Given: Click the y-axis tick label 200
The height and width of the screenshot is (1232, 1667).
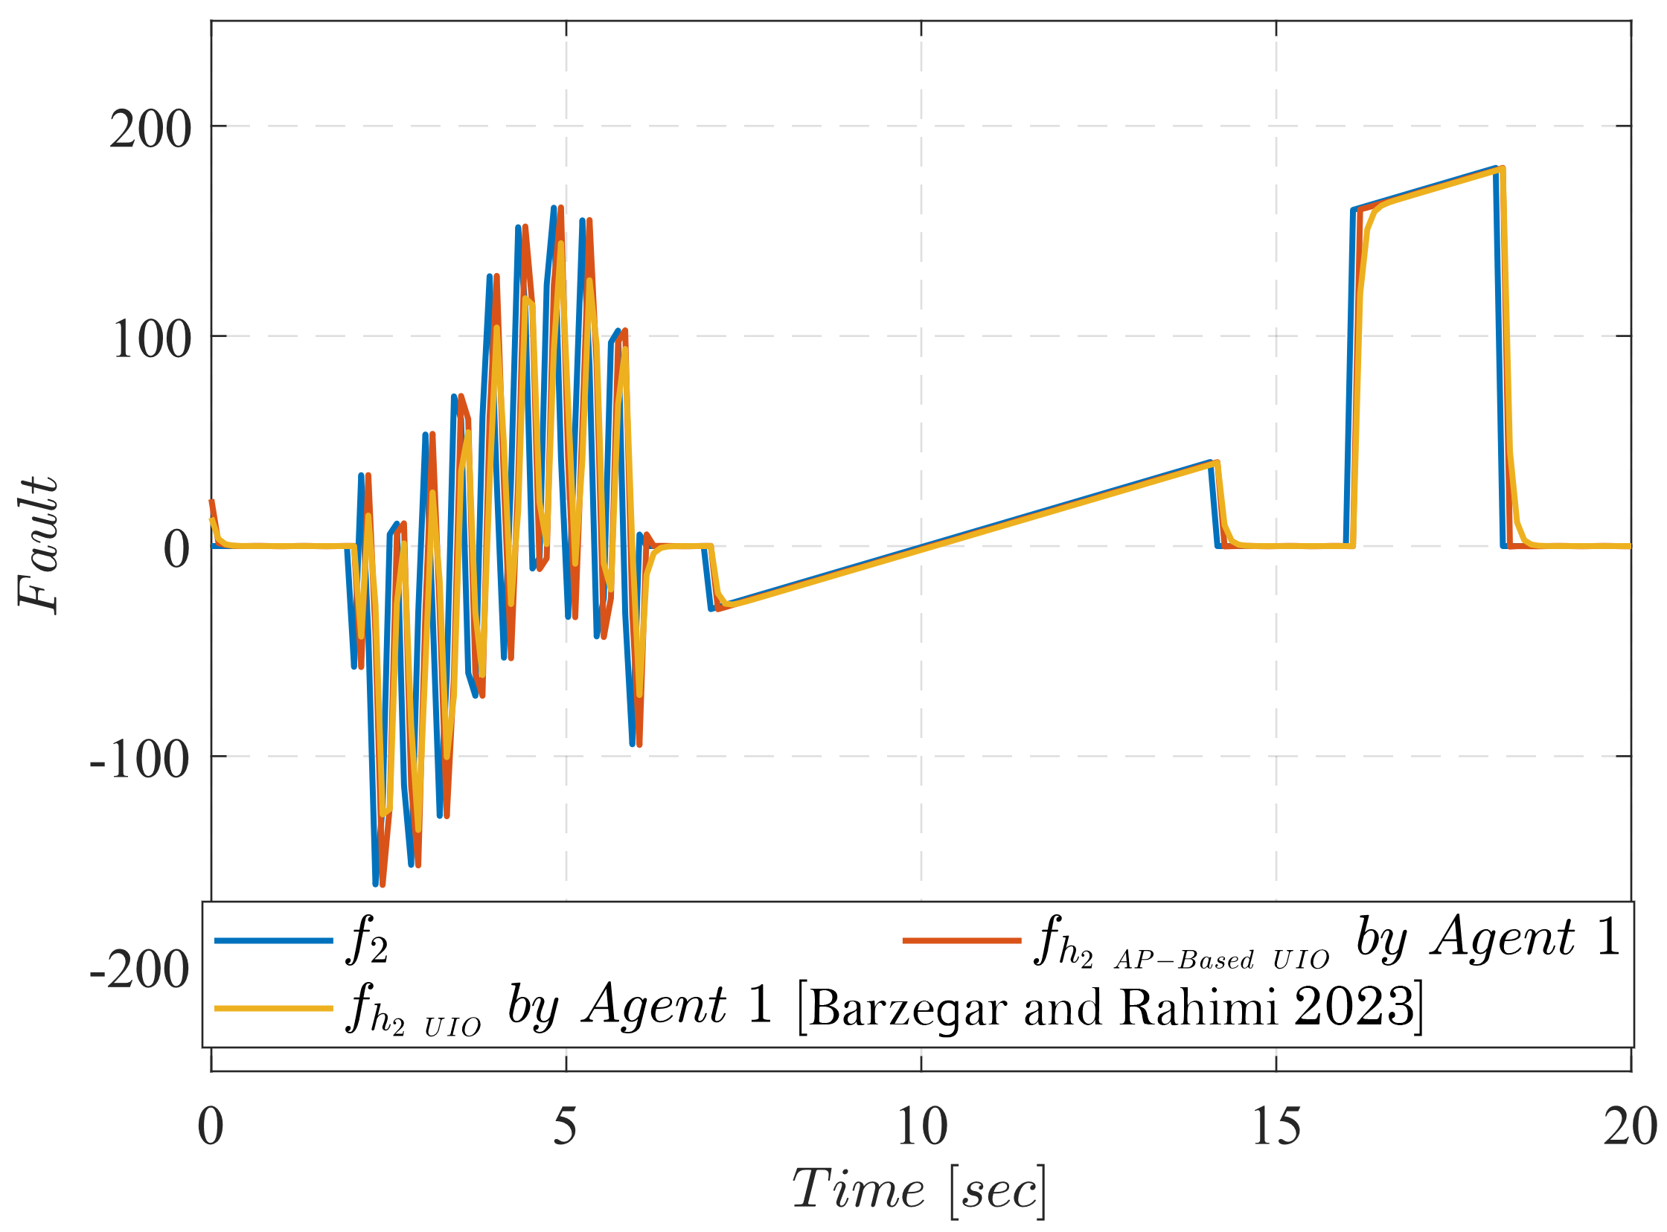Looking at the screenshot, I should (x=150, y=129).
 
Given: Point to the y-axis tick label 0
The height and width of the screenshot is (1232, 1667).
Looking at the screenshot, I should (x=177, y=551).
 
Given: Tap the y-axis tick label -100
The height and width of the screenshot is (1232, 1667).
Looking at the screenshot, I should (x=139, y=761).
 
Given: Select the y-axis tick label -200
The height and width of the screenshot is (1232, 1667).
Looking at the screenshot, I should (x=139, y=972).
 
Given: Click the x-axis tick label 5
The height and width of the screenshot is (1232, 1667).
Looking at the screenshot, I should (x=566, y=1127).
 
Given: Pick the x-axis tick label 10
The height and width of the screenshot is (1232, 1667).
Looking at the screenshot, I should (x=922, y=1127).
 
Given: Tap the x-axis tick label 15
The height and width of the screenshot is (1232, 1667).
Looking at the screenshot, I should (x=1276, y=1127).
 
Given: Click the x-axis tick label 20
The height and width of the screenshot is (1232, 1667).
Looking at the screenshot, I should (x=1630, y=1127).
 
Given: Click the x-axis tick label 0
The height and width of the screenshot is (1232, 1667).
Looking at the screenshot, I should (x=211, y=1127).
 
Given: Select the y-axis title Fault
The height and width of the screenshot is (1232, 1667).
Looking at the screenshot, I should (x=37, y=545).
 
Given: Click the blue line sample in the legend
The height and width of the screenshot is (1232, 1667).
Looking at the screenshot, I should (x=274, y=941).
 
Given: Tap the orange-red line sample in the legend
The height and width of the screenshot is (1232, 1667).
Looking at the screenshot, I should (x=962, y=941).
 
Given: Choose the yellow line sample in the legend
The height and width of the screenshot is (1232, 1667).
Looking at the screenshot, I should (x=274, y=1009).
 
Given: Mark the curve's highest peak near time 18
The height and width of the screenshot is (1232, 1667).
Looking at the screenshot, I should (x=1496, y=169).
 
